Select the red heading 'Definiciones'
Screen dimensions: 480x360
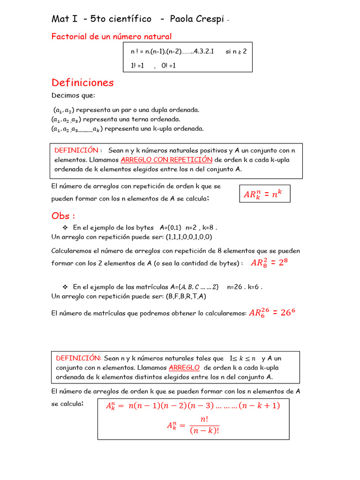point(82,83)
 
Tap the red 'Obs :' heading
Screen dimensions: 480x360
point(63,216)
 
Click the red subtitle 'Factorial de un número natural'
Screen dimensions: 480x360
point(112,37)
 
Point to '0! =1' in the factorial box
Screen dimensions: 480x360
point(169,66)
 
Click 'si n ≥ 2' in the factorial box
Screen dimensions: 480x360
point(236,52)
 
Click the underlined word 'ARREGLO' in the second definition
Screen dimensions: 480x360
point(184,367)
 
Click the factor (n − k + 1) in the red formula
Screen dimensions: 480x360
point(259,406)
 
